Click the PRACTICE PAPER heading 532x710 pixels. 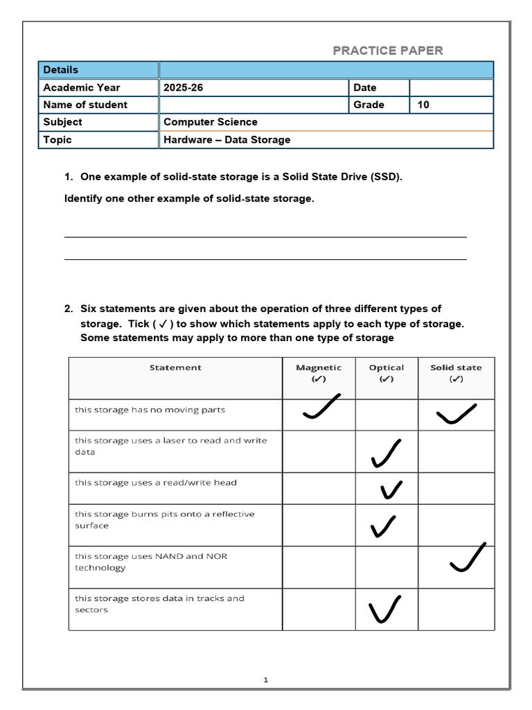(x=387, y=51)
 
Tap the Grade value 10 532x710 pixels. (x=423, y=105)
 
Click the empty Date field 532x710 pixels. (x=451, y=87)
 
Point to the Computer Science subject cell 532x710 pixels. (x=211, y=122)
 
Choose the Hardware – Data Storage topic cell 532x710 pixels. (x=227, y=140)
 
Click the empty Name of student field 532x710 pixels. (x=253, y=105)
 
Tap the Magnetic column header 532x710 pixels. (x=319, y=373)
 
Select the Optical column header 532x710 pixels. (x=387, y=373)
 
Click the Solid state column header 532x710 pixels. (x=456, y=373)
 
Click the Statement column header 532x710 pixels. (x=175, y=367)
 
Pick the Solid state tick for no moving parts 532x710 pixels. (x=456, y=413)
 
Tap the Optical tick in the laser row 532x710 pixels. (x=386, y=454)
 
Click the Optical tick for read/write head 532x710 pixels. (x=391, y=490)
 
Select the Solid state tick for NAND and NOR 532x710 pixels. (x=468, y=558)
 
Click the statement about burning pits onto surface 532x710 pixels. (x=165, y=520)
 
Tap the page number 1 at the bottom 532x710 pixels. (x=265, y=680)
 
